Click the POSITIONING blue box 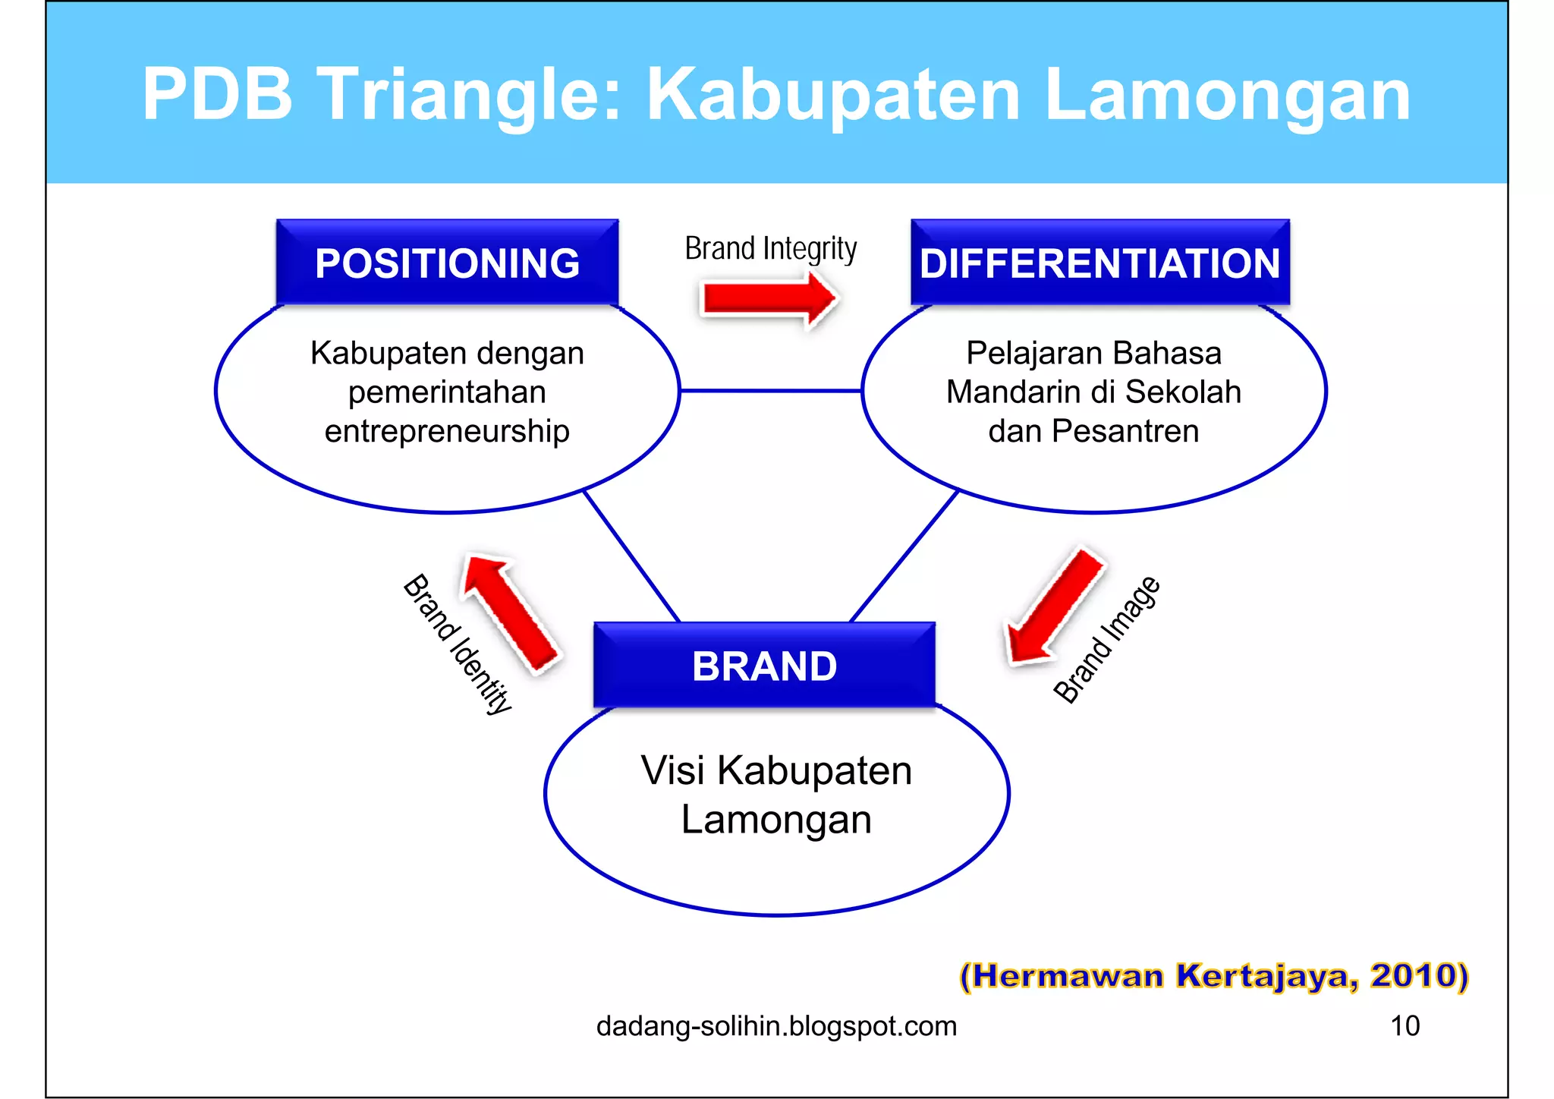447,263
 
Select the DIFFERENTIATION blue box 1099,263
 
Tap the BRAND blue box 764,666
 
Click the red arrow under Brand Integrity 768,298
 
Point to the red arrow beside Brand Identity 509,612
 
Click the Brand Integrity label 770,249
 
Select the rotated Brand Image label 1106,640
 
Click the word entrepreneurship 447,431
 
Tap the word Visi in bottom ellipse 672,770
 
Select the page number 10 1405,1025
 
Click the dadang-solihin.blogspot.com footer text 776,1026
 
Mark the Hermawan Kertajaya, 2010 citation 1214,975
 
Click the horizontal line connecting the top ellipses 770,391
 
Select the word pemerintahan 447,392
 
